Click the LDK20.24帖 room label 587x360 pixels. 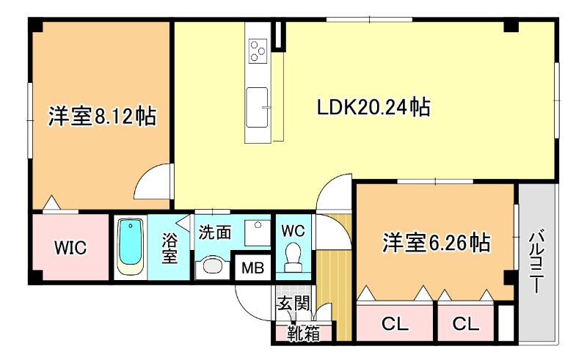[x=373, y=107]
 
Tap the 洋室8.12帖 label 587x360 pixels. [x=102, y=117]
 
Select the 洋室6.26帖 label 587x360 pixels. [x=436, y=243]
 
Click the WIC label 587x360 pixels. [x=70, y=247]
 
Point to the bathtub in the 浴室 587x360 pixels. [x=131, y=247]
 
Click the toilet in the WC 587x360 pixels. [x=293, y=258]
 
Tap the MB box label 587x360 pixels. [x=252, y=268]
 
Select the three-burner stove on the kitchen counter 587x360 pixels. [x=258, y=51]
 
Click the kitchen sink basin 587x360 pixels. [x=258, y=107]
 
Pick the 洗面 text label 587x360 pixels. [x=214, y=232]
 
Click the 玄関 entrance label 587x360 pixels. [x=293, y=303]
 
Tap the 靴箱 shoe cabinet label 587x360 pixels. [x=304, y=333]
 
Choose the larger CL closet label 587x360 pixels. [x=395, y=324]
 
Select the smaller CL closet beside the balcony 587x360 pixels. [x=466, y=324]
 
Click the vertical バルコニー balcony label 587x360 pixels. [x=536, y=262]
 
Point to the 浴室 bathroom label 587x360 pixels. [x=169, y=248]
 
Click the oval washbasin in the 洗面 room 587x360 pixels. [x=212, y=266]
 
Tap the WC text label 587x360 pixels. [x=293, y=231]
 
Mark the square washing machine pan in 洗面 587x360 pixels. [x=258, y=232]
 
